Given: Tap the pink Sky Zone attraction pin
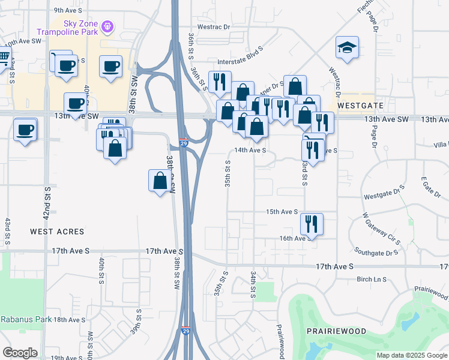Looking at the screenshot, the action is point(107,26).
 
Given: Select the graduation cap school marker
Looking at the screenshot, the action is point(347,48).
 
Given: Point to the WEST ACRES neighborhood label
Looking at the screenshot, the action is point(58,231).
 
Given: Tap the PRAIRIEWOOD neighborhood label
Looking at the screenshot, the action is point(332,331).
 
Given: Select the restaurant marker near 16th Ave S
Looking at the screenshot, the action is point(312,224).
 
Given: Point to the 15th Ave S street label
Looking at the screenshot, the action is point(282,212).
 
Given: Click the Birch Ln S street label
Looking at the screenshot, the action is point(372,279).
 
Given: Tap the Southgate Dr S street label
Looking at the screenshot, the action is point(376,253).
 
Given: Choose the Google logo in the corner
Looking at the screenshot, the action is point(20,353).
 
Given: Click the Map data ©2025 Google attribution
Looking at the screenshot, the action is point(411,355).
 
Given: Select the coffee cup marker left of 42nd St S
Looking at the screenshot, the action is point(25,129).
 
